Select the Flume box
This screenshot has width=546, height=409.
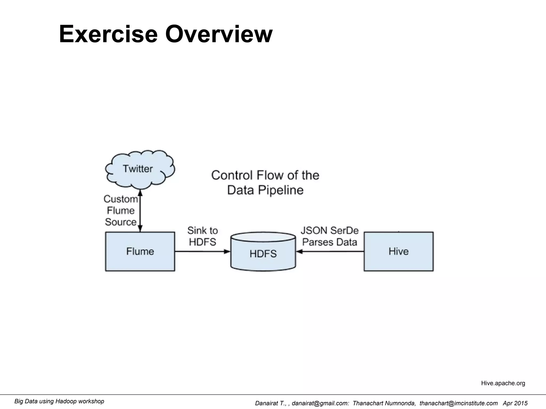pyautogui.click(x=140, y=251)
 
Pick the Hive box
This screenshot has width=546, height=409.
pyautogui.click(x=398, y=251)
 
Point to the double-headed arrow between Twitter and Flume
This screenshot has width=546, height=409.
pyautogui.click(x=140, y=210)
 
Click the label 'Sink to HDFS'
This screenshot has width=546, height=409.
pyautogui.click(x=202, y=236)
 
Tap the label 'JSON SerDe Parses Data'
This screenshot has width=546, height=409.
pyautogui.click(x=330, y=236)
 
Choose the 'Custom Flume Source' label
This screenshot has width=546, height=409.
pyautogui.click(x=121, y=210)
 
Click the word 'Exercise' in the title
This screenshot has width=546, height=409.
pyautogui.click(x=108, y=34)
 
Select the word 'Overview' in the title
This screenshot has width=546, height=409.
pyautogui.click(x=219, y=34)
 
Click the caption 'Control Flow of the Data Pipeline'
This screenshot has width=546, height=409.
pyautogui.click(x=265, y=183)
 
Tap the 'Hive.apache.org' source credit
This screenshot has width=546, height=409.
pyautogui.click(x=503, y=383)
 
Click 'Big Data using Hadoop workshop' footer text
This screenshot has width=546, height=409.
pyautogui.click(x=59, y=401)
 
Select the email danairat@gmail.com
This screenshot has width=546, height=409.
pyautogui.click(x=320, y=403)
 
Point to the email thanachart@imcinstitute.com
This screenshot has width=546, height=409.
pyautogui.click(x=458, y=403)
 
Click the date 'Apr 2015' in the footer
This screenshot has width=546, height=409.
pyautogui.click(x=515, y=403)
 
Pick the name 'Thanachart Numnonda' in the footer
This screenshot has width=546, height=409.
pyautogui.click(x=384, y=403)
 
